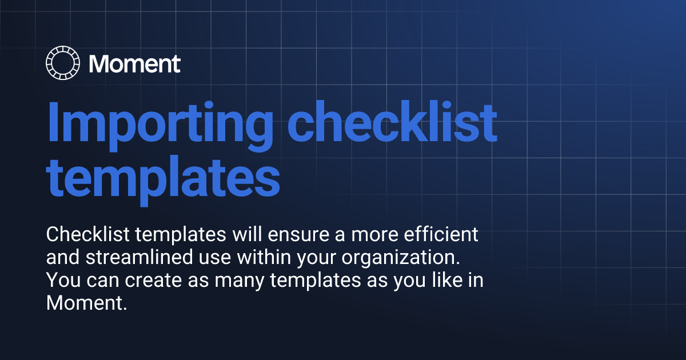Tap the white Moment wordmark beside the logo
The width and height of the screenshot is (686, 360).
135,63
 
